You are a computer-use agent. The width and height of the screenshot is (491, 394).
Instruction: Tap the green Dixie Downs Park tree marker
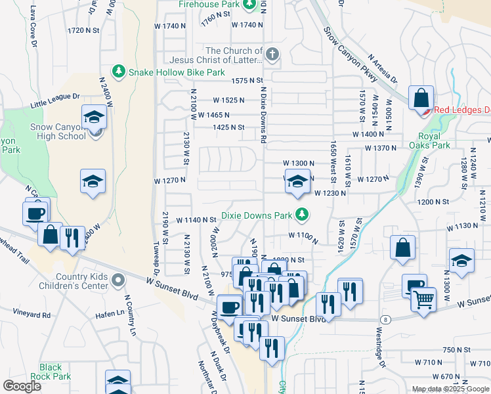(301, 214)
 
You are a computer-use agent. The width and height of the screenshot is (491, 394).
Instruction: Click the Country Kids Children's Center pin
(118, 281)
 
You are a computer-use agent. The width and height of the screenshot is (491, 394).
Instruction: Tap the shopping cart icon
(424, 300)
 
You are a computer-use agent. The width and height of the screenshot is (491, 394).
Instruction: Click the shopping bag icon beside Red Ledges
(420, 98)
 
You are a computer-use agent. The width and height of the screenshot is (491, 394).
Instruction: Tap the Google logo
(22, 386)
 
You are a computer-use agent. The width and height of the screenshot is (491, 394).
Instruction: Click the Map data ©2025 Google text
(450, 389)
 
